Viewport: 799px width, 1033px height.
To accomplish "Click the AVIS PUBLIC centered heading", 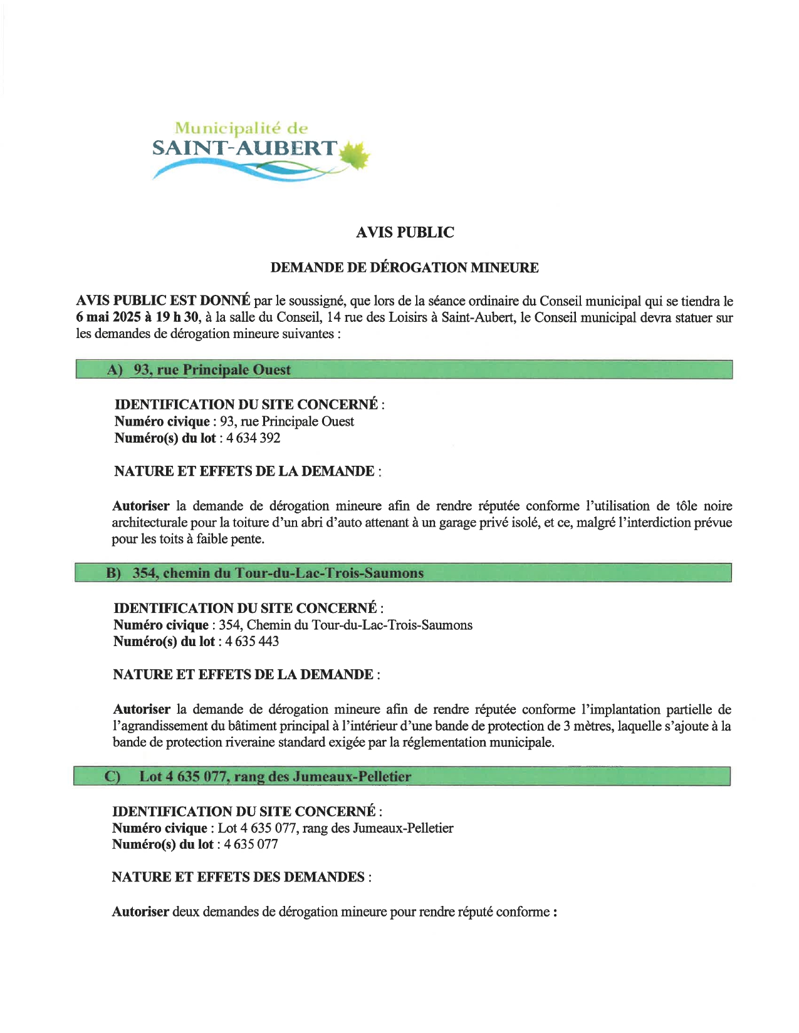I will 405,232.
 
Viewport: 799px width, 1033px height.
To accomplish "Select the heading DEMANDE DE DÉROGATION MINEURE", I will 404,268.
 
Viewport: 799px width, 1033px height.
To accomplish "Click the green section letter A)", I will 115,370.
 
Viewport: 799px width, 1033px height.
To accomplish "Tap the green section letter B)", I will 113,573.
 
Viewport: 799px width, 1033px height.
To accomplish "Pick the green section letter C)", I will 112,777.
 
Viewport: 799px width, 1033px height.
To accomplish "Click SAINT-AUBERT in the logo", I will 244,148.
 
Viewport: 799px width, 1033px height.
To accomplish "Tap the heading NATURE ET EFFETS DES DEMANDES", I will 238,877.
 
